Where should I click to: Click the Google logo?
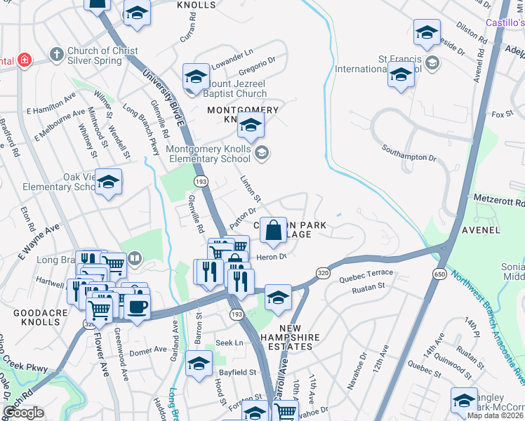pyautogui.click(x=23, y=413)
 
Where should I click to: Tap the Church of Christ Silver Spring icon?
pyautogui.click(x=56, y=54)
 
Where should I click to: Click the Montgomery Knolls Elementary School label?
pyautogui.click(x=208, y=154)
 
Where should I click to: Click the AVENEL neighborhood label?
pyautogui.click(x=480, y=229)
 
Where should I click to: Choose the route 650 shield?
pyautogui.click(x=440, y=273)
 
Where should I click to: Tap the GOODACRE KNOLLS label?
pyautogui.click(x=31, y=316)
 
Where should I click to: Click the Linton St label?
pyautogui.click(x=251, y=189)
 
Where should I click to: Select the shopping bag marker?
pyautogui.click(x=274, y=229)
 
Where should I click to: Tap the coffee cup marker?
pyautogui.click(x=137, y=308)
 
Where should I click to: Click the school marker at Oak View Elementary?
pyautogui.click(x=108, y=182)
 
